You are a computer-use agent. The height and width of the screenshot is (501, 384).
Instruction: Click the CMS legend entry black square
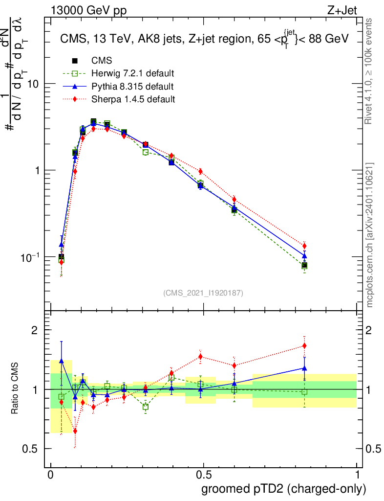[75, 61]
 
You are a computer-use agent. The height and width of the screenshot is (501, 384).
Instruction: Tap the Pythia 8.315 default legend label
[132, 87]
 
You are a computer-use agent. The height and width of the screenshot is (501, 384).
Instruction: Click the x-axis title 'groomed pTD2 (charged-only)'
[283, 489]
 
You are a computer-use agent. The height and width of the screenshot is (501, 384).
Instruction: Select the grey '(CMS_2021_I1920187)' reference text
[203, 293]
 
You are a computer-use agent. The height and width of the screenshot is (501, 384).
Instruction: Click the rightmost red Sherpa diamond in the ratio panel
[304, 346]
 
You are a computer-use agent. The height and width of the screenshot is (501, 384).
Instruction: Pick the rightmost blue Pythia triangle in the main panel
[304, 255]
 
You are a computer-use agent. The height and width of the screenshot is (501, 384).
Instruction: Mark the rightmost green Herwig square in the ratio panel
[304, 392]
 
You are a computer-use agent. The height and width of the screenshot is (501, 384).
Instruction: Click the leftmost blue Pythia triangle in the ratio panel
[61, 360]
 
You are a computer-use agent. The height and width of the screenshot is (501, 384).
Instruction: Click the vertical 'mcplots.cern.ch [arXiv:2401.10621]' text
[370, 235]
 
